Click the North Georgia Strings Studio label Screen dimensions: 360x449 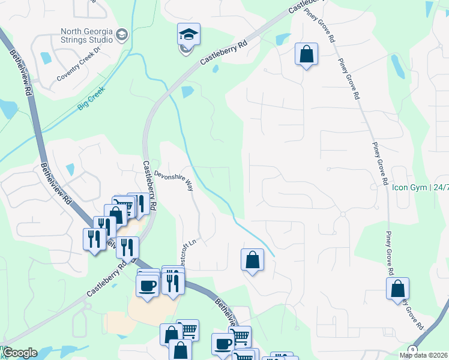point(86,35)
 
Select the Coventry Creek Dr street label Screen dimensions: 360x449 point(80,71)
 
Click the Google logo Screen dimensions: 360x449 point(20,353)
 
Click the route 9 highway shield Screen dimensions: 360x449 point(412,350)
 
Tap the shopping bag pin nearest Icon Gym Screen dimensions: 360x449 point(397,288)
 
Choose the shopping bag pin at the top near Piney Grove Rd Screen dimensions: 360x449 point(306,54)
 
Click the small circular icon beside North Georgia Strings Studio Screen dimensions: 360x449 point(122,35)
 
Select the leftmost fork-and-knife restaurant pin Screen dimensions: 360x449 point(94,239)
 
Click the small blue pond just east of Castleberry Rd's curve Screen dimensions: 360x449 point(188,92)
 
